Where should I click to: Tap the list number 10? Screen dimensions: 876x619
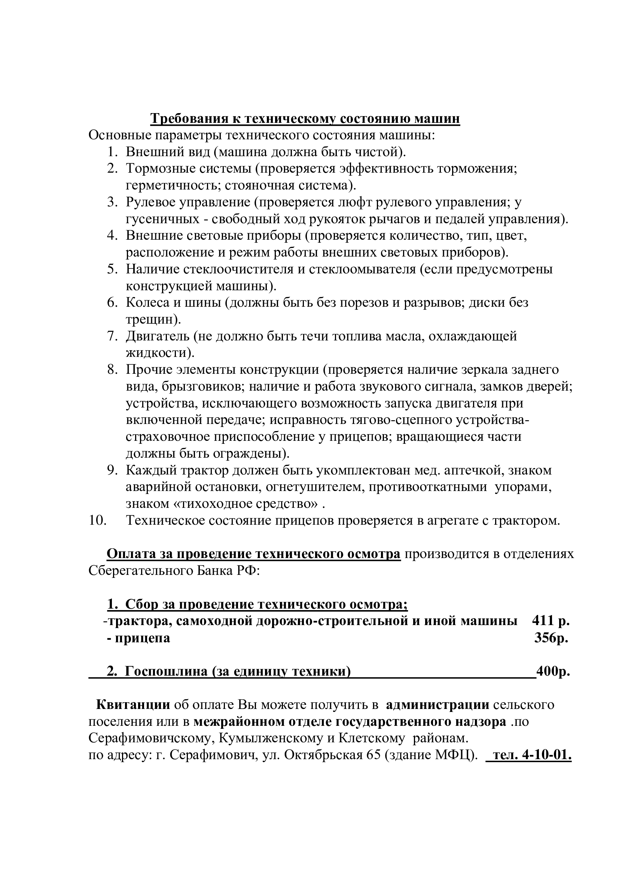pos(97,521)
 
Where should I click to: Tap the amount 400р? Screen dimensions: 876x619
pos(553,672)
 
